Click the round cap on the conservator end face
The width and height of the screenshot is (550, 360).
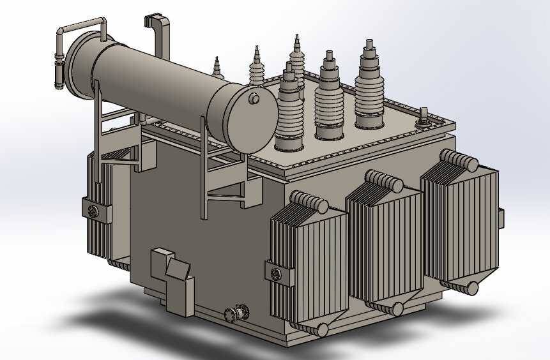(x=254, y=98)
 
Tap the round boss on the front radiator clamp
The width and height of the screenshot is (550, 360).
(x=276, y=274)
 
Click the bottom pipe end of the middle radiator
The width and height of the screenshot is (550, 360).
(x=397, y=310)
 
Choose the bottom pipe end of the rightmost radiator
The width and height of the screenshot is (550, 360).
(x=471, y=288)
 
